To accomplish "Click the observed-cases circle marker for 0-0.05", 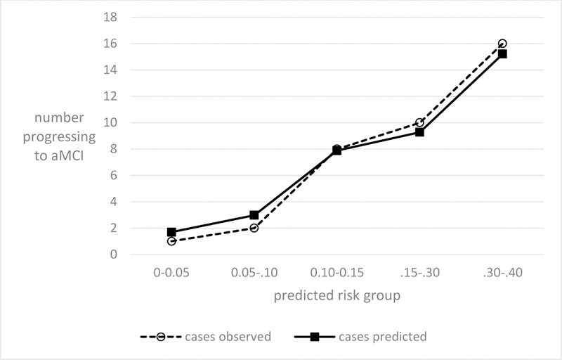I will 171,241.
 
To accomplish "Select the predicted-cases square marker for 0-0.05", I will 171,232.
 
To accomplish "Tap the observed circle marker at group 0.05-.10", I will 254,228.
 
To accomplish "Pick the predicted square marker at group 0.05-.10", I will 254,215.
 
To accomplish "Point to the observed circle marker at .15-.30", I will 419,123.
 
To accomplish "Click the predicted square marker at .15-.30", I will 419,132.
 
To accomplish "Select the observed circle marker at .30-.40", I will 502,44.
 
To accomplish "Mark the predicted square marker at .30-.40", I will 502,54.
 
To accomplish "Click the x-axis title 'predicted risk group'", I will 337,296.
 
